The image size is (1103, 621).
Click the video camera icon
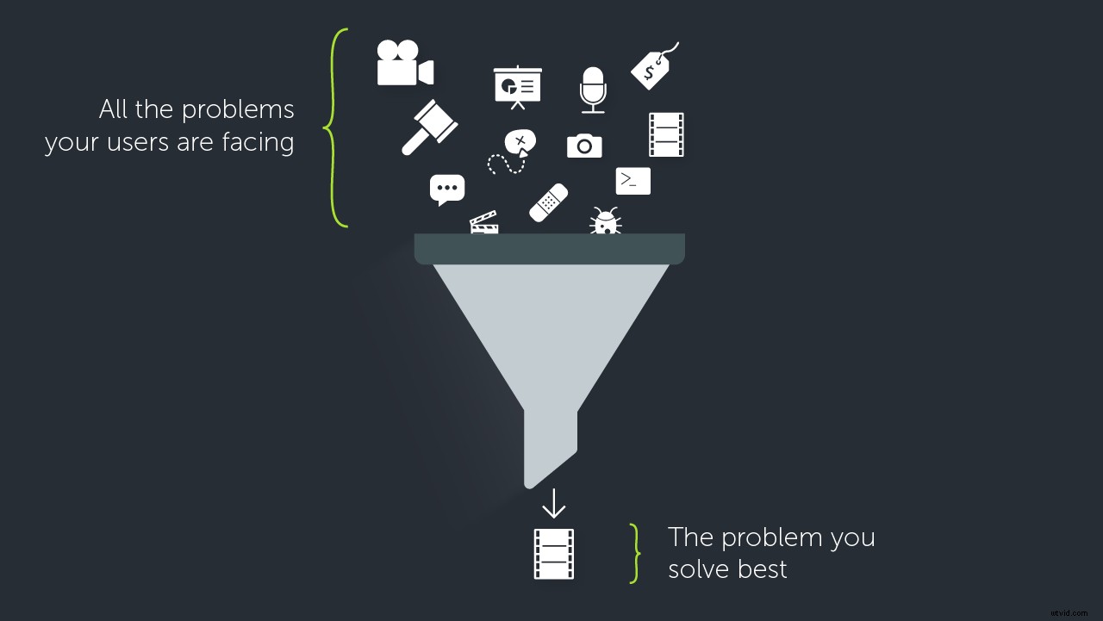point(404,64)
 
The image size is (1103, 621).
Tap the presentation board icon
point(517,87)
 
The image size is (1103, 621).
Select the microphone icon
point(593,89)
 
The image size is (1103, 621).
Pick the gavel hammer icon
point(428,127)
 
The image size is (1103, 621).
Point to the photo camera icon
point(584,146)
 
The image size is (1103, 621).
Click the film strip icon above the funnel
point(666,134)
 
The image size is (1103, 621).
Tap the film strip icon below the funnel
point(553,554)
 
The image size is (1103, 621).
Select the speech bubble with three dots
point(446,189)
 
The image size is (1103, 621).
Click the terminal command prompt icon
point(633,181)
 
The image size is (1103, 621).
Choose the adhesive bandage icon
point(548,202)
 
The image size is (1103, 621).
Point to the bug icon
point(606,220)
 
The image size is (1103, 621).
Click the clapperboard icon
point(483,223)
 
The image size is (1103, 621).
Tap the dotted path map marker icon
point(513,152)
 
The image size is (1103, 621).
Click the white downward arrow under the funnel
point(553,504)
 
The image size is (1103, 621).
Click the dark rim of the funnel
point(549,249)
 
